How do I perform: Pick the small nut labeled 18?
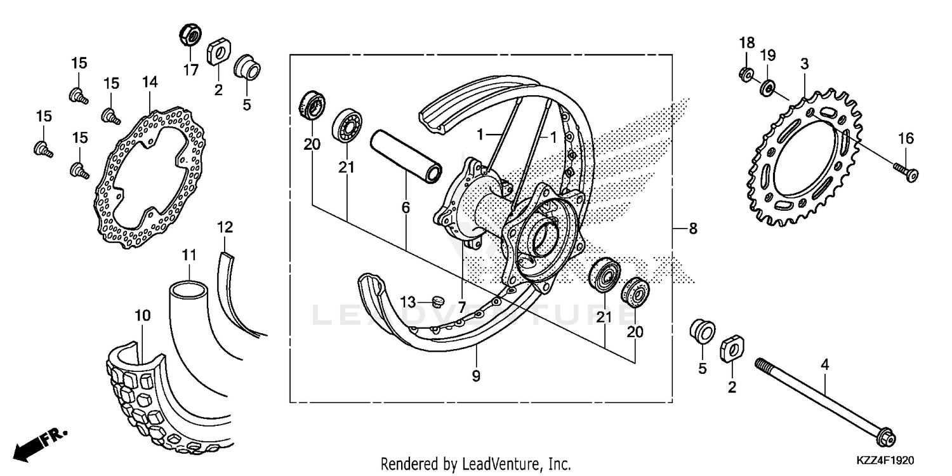coord(746,75)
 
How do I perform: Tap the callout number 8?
coord(692,228)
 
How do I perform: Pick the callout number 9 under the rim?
coord(476,376)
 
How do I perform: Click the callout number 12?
coord(225,227)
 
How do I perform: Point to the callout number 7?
coord(462,307)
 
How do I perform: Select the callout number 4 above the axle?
coord(824,364)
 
